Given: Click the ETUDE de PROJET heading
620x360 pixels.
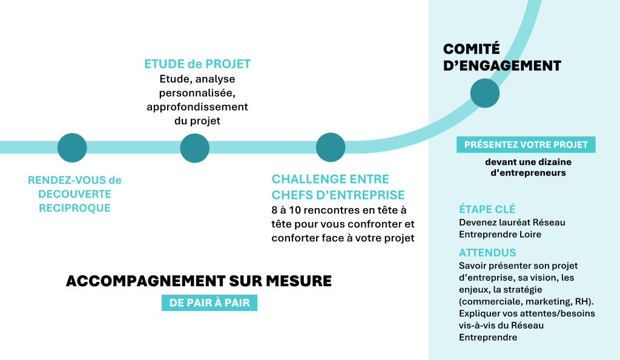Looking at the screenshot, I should [197, 64].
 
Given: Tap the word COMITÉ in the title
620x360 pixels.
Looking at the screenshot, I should [472, 50].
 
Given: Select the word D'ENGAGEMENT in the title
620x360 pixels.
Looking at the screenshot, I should [502, 66].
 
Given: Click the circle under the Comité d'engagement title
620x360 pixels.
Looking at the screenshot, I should [485, 93].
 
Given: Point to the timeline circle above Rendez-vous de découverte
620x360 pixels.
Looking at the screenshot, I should [72, 148].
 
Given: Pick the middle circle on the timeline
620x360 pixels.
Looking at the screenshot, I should [194, 148].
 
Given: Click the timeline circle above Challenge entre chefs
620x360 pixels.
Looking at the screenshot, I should [331, 148].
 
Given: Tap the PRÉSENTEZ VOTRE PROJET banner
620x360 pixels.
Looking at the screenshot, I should [526, 145].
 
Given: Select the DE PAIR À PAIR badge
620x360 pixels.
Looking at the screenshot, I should [209, 303].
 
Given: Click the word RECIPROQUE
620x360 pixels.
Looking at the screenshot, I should [75, 209].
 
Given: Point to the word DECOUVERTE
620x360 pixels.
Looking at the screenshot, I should [75, 194].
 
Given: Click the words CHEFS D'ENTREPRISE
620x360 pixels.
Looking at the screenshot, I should [338, 195].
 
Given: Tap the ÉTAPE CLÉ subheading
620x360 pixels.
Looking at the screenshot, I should [487, 210].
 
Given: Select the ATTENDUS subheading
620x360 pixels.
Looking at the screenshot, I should [487, 252].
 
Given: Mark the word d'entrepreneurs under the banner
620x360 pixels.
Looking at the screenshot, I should [528, 173].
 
